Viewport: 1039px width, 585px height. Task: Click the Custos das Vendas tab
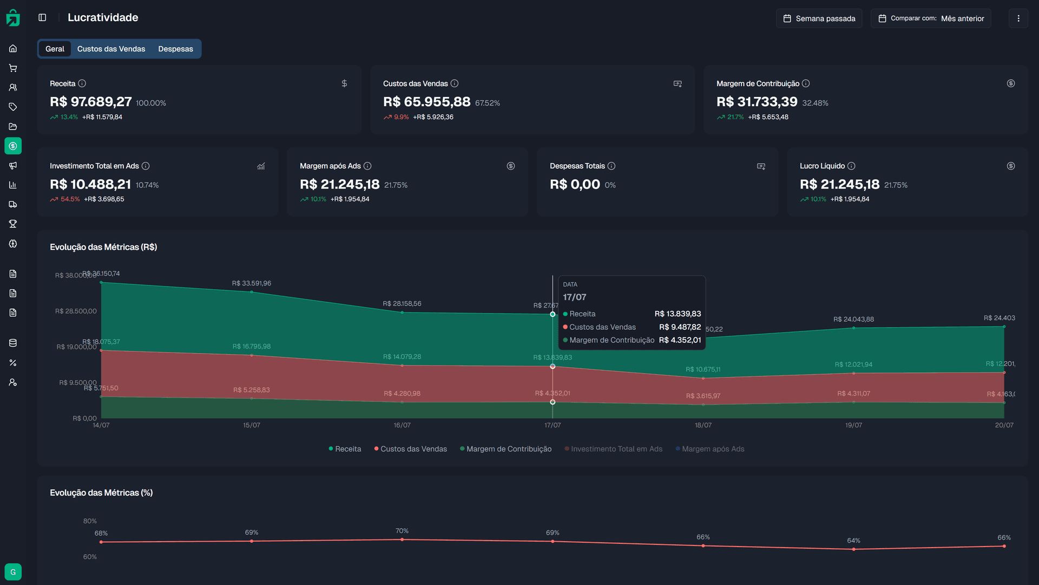coord(111,49)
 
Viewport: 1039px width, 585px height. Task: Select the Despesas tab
coord(175,49)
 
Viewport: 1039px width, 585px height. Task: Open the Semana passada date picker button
coord(819,18)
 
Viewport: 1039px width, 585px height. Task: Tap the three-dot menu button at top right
coord(1018,18)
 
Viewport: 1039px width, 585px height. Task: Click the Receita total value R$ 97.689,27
coord(91,102)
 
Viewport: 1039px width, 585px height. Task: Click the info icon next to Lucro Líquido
coord(851,166)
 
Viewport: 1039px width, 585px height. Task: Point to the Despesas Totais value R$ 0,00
coord(575,184)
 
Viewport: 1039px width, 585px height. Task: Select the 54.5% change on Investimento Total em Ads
coord(70,199)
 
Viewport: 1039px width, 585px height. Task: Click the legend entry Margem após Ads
coord(712,449)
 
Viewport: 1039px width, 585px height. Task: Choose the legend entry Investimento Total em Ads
coord(616,449)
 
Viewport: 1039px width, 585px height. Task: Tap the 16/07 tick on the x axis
coord(402,425)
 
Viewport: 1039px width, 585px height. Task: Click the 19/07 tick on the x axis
coord(853,425)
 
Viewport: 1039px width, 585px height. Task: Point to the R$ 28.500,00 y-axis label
coord(76,311)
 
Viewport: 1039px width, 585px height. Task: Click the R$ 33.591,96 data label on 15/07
coord(252,283)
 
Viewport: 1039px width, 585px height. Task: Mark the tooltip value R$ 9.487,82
coord(680,327)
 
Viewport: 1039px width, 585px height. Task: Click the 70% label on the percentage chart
coord(402,531)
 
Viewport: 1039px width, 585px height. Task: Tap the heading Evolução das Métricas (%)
coord(101,492)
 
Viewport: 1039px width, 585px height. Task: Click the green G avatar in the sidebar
coord(13,572)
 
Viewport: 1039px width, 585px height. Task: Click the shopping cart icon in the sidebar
coord(13,68)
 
